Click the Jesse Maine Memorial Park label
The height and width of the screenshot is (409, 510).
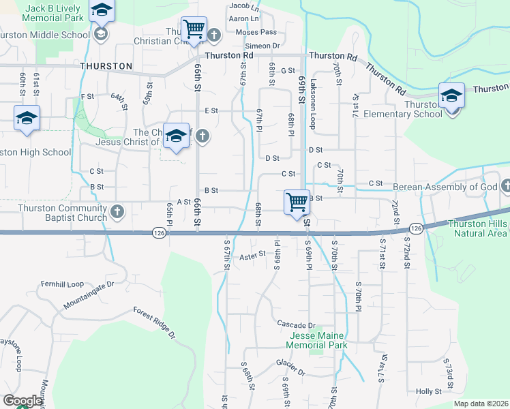[x=318, y=340]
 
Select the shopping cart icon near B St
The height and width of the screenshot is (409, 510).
[x=297, y=202]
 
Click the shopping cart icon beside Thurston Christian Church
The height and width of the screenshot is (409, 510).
[x=194, y=30]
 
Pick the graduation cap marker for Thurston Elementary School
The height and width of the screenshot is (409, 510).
[x=451, y=96]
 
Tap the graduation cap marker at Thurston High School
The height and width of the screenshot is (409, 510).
[x=27, y=119]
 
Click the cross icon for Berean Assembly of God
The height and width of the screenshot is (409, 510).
[x=505, y=186]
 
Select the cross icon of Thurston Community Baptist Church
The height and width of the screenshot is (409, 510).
[x=117, y=211]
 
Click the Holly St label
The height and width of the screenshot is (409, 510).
[x=429, y=391]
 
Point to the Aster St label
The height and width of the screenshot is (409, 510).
[x=252, y=257]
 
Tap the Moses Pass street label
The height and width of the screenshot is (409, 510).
[x=256, y=32]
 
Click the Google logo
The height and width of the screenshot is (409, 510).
[x=22, y=401]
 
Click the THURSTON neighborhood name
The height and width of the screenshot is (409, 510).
[x=106, y=66]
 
